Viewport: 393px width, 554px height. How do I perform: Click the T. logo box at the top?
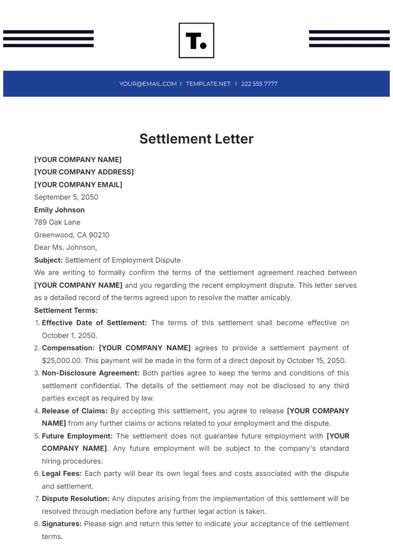click(x=196, y=41)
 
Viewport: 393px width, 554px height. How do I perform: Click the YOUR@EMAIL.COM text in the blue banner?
click(x=148, y=84)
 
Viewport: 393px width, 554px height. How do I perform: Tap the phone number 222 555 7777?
click(x=259, y=84)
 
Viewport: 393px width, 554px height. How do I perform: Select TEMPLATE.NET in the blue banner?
click(x=208, y=84)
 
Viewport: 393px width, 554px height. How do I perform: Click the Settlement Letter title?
click(x=196, y=139)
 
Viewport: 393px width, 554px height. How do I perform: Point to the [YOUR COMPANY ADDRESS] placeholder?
click(x=84, y=172)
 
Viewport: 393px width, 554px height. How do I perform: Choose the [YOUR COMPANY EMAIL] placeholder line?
click(x=78, y=185)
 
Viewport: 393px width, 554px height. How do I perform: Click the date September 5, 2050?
click(x=66, y=197)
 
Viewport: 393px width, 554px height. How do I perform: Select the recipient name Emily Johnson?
click(x=59, y=210)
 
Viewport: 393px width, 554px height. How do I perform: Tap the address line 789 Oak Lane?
click(x=57, y=222)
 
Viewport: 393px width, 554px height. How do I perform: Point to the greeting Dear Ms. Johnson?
click(x=65, y=247)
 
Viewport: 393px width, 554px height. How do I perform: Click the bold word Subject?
click(x=48, y=260)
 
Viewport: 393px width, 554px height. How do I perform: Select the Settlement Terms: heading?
click(x=66, y=310)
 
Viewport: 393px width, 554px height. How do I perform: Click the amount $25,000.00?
click(x=62, y=360)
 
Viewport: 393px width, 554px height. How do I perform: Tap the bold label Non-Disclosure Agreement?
click(x=91, y=373)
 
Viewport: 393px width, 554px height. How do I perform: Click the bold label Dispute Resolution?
click(x=75, y=499)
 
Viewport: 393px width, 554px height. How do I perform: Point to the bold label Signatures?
click(x=62, y=524)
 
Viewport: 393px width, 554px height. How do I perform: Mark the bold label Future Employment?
click(x=77, y=436)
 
